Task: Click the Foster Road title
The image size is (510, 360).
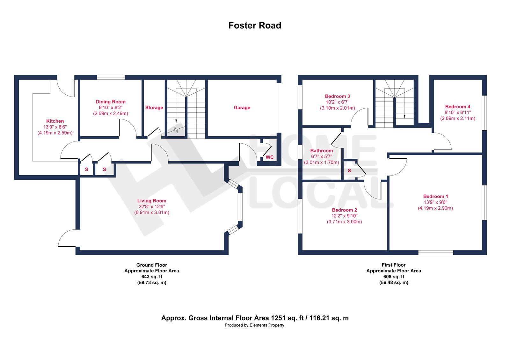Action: point(255,25)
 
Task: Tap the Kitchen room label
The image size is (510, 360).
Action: point(55,121)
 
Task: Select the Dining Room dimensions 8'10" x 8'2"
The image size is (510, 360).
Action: point(110,108)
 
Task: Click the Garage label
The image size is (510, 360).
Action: point(242,108)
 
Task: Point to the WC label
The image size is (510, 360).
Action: point(270,157)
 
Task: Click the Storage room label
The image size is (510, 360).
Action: point(154,108)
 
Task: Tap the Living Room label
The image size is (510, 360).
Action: point(152,201)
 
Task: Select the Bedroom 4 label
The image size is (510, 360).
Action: point(458,107)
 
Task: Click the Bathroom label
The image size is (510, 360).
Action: point(321,151)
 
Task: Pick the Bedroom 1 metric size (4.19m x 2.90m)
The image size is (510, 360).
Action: point(435,208)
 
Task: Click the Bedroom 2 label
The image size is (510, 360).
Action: point(344,210)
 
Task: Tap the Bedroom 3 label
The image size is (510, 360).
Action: point(338,96)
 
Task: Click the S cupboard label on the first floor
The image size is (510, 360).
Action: point(349,171)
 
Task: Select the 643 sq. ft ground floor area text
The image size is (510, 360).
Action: point(152,277)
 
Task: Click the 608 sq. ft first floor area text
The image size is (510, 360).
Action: point(394,277)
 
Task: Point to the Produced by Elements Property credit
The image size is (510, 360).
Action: point(254,325)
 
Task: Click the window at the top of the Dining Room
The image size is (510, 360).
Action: point(111,77)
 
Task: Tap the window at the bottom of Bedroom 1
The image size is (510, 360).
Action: point(435,253)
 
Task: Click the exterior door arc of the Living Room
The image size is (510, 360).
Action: point(66,238)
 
